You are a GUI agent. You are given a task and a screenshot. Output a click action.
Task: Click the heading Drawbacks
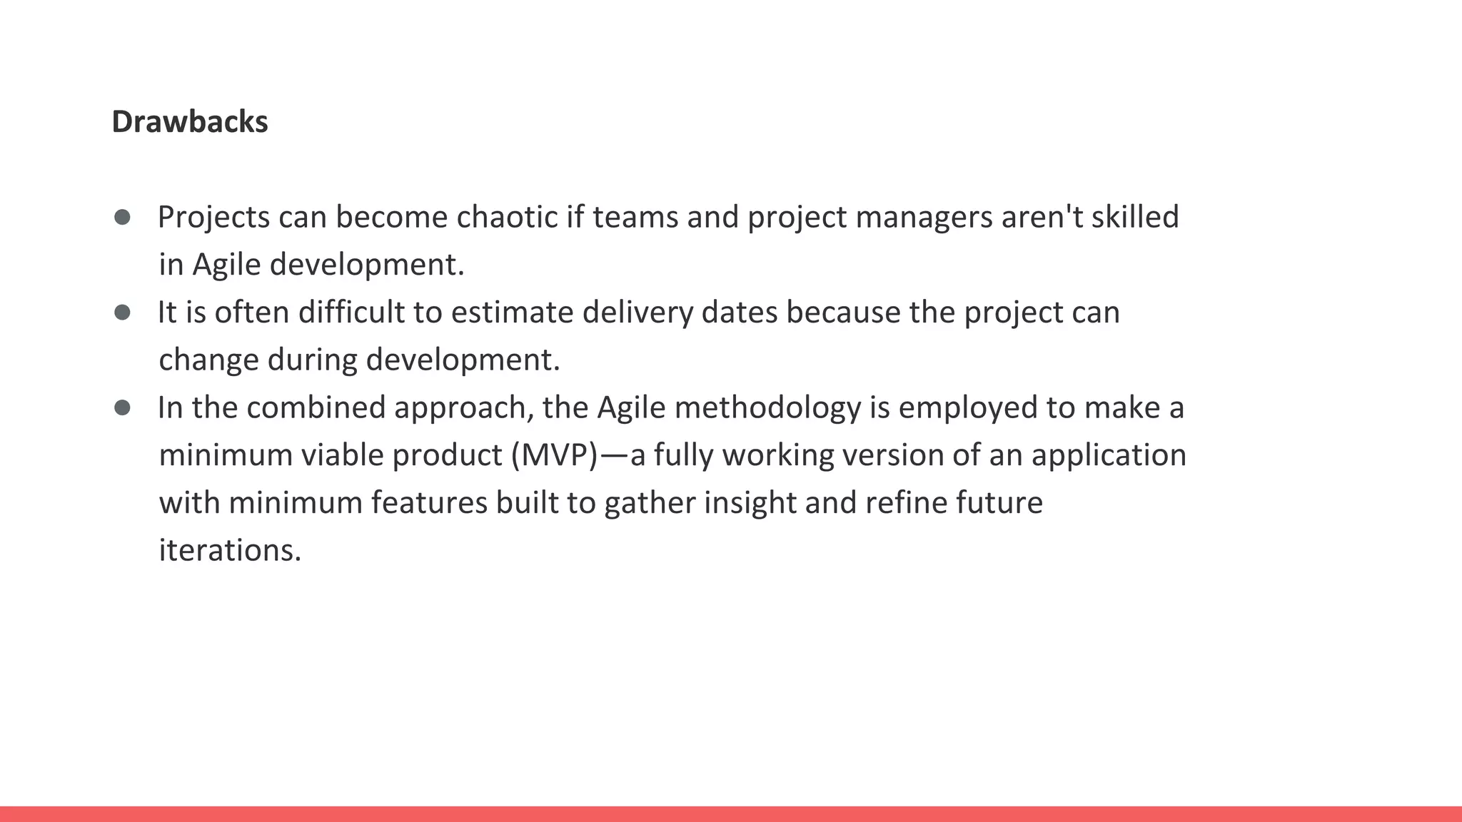pyautogui.click(x=190, y=122)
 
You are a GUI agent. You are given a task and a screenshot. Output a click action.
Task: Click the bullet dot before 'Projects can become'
pyautogui.click(x=122, y=217)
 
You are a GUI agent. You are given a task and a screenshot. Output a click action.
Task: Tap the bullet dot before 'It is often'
pyautogui.click(x=122, y=312)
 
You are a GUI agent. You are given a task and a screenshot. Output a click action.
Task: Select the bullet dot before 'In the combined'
pyautogui.click(x=122, y=407)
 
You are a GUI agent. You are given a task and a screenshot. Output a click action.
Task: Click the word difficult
pyautogui.click(x=351, y=313)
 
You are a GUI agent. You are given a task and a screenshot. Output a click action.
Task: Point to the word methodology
pyautogui.click(x=767, y=408)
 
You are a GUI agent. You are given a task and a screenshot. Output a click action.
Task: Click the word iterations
pyautogui.click(x=230, y=550)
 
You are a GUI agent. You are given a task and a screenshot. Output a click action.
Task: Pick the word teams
pyautogui.click(x=635, y=217)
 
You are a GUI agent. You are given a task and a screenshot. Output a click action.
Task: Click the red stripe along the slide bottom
pyautogui.click(x=731, y=814)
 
